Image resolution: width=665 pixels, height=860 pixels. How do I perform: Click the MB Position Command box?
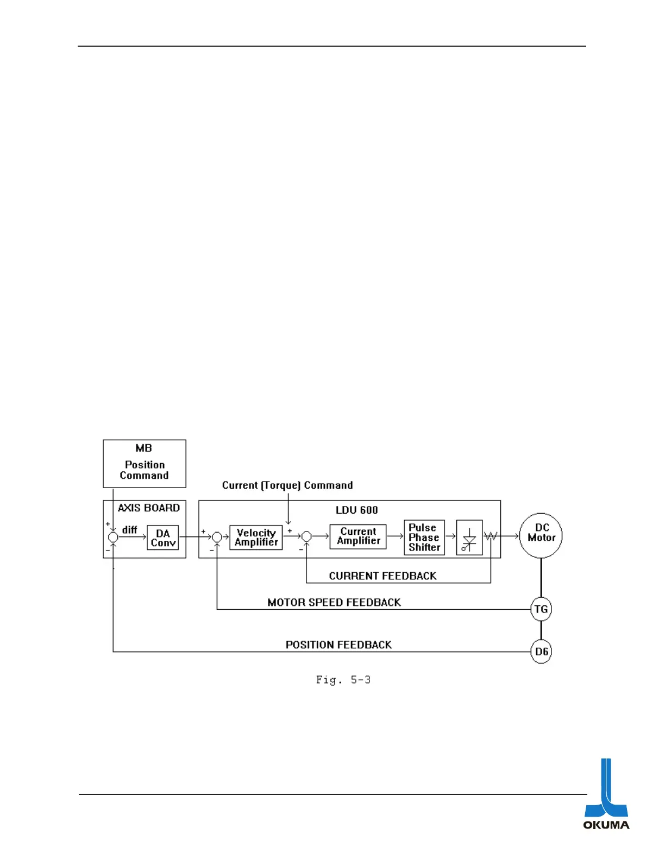click(x=144, y=463)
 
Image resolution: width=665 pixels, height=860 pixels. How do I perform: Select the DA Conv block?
click(x=163, y=537)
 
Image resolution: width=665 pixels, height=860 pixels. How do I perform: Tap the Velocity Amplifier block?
click(x=256, y=537)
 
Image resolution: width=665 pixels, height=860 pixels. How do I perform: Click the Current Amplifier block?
click(x=358, y=536)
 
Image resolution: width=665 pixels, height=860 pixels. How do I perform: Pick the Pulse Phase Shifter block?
click(x=424, y=537)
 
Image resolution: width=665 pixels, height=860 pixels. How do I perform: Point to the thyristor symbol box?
click(x=469, y=537)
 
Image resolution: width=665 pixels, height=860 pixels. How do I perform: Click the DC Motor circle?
click(x=541, y=536)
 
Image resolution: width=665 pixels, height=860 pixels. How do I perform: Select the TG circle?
click(x=541, y=609)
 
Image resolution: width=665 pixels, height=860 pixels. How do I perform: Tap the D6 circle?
click(x=541, y=652)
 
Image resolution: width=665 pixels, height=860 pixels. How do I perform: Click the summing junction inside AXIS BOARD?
click(x=113, y=537)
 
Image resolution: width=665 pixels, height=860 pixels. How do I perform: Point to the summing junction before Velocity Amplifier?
click(x=217, y=537)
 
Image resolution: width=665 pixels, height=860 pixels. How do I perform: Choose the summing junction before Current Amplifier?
click(x=306, y=537)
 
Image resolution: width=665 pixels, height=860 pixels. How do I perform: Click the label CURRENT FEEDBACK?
click(x=382, y=576)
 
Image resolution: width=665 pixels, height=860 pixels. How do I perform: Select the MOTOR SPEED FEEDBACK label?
click(x=334, y=602)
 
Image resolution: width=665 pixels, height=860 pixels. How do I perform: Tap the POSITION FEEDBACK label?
click(x=338, y=644)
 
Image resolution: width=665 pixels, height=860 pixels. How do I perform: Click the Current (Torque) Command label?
click(x=287, y=485)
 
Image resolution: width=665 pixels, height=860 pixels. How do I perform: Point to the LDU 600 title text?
click(x=356, y=510)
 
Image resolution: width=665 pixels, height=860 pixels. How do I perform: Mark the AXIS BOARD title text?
click(x=149, y=508)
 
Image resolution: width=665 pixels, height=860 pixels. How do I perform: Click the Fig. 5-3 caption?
click(x=343, y=680)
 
